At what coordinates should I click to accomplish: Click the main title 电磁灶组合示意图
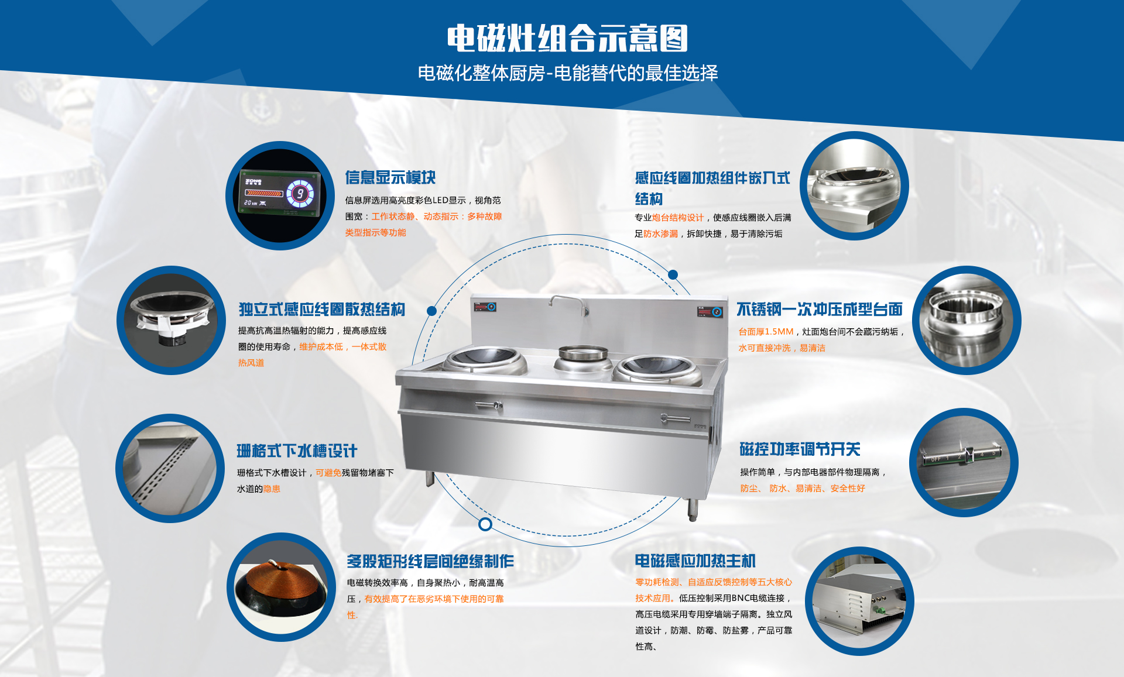coord(567,39)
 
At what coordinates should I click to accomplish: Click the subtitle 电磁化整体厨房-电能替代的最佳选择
coord(567,73)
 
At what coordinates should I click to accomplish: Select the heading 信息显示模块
coord(390,177)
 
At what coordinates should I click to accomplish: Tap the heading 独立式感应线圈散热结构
coord(321,309)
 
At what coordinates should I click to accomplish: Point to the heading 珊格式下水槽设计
coord(297,451)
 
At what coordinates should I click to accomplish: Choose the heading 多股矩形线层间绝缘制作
coord(430,561)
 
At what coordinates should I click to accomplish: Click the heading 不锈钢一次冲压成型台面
coord(820,309)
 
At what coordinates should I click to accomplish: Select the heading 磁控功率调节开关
coord(800,449)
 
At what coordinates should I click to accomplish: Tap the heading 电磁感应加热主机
coord(695,561)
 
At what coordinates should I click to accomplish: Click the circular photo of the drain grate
coord(170,468)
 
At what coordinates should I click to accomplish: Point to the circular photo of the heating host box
coord(859,601)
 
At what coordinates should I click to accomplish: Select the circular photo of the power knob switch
coord(964,462)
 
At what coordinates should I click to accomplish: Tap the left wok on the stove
coord(485,359)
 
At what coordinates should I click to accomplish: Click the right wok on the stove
coord(656,369)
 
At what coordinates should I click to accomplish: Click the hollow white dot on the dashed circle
coord(485,524)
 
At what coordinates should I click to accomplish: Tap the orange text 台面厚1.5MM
coord(766,331)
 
